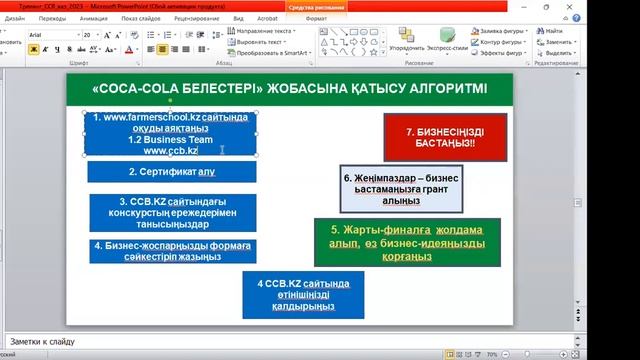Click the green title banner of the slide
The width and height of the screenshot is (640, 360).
coord(290,89)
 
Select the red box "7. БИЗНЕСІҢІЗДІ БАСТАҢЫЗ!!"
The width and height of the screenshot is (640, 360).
coord(445,137)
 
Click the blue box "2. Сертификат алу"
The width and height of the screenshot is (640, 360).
coord(171,172)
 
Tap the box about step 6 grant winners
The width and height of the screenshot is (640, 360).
coord(401,188)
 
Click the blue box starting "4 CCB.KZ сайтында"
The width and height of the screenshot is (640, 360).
coord(302,294)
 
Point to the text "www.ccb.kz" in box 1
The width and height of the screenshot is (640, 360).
coord(170,150)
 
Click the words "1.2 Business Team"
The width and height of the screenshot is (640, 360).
coord(170,139)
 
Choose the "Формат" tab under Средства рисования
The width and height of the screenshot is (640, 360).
coord(316,18)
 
